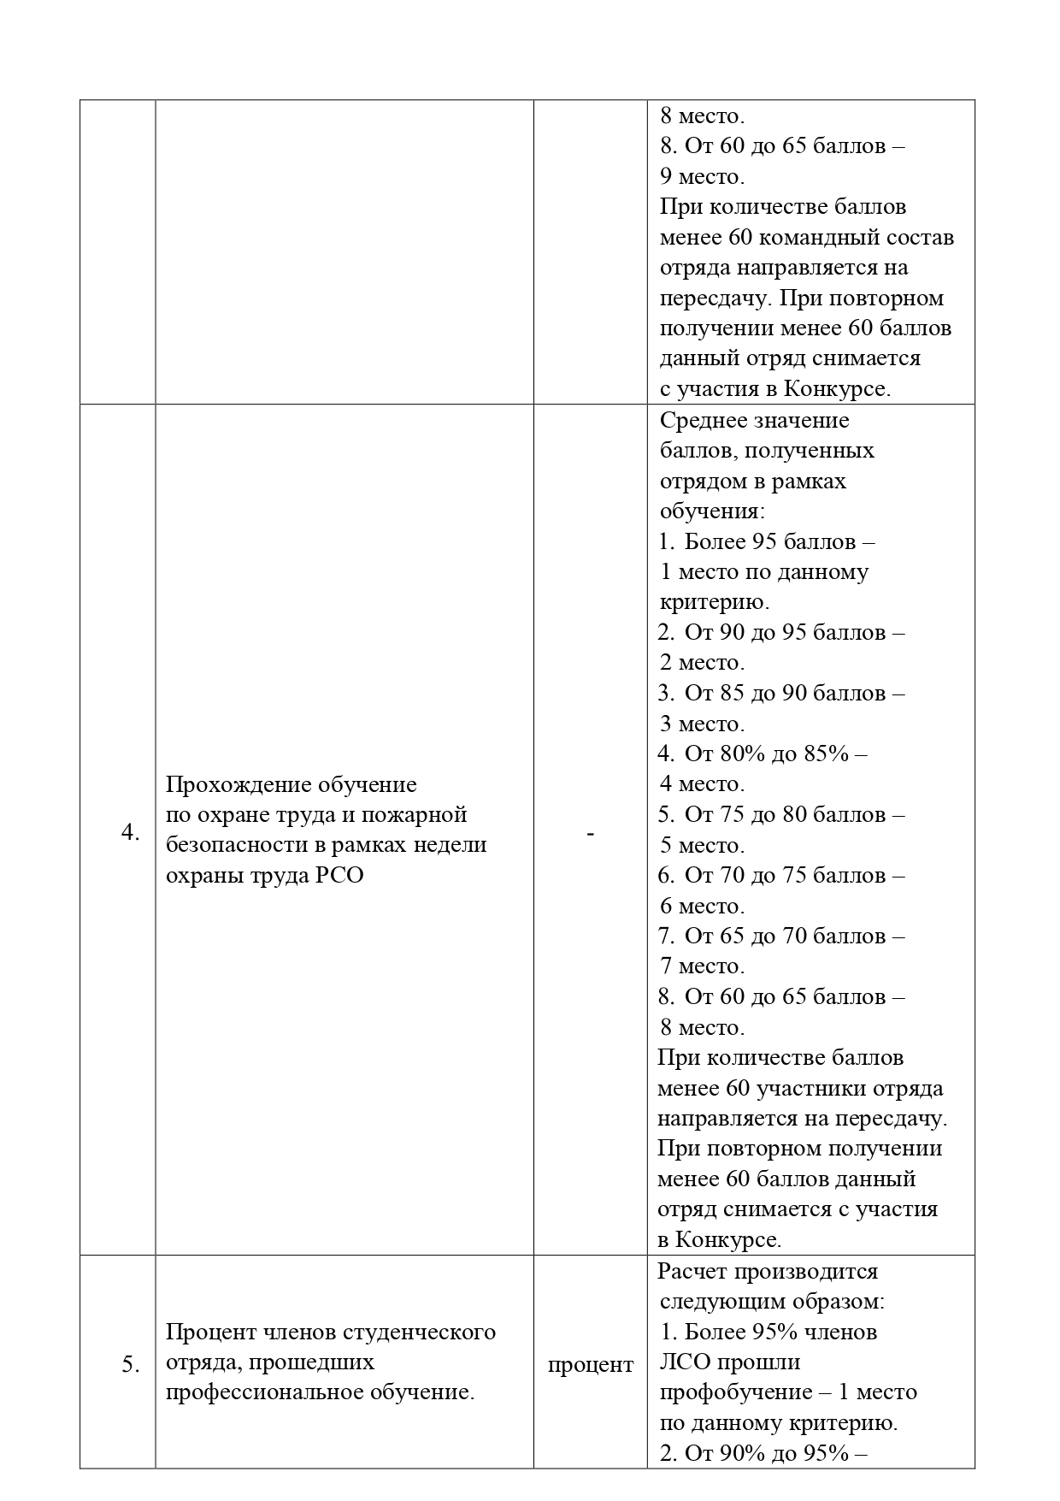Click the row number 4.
click(130, 832)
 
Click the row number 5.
click(130, 1365)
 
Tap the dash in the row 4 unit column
click(590, 832)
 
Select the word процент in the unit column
click(590, 1365)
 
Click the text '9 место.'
click(702, 177)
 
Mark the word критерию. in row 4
click(715, 602)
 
